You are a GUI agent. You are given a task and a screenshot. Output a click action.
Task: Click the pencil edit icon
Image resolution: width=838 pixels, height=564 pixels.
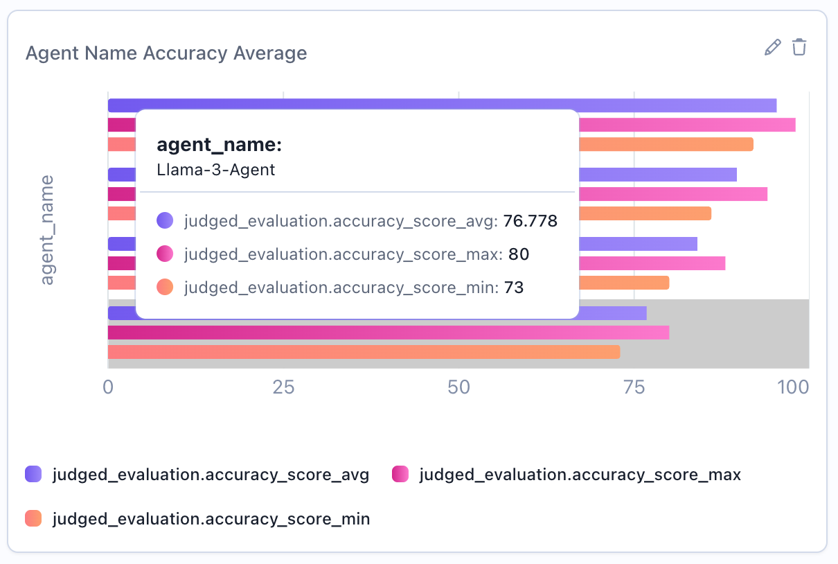[x=772, y=47]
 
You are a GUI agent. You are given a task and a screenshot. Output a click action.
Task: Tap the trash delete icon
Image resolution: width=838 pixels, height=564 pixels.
[x=799, y=47]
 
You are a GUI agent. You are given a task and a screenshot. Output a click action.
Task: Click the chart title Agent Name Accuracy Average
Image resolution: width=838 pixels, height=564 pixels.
[x=166, y=53]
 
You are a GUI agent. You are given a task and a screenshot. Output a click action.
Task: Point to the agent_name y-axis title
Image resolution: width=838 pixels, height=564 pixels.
[x=47, y=230]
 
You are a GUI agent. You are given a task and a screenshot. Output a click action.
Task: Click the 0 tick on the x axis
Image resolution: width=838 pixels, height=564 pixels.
[x=108, y=387]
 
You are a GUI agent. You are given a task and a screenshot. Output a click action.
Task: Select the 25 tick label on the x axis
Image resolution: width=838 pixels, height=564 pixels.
[x=283, y=387]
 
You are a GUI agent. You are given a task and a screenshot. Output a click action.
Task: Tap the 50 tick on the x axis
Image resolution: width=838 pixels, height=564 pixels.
[x=459, y=387]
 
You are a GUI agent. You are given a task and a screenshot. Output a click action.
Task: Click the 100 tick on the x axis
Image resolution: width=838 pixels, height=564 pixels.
[x=792, y=387]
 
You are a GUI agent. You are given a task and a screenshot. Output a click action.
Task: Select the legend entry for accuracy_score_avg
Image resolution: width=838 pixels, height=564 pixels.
[x=211, y=475]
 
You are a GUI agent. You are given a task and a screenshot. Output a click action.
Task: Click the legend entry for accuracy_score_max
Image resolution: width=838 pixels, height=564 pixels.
[x=580, y=475]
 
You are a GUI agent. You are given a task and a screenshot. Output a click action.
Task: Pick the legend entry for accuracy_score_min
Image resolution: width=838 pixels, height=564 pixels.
[x=211, y=518]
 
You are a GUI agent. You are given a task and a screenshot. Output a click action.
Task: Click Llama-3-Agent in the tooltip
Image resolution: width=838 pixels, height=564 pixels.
[x=216, y=170]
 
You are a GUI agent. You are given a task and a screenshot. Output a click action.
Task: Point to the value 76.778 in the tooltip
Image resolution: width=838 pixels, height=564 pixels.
[x=531, y=222]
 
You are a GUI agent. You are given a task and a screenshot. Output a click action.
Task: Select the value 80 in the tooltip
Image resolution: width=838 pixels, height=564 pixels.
[x=519, y=254]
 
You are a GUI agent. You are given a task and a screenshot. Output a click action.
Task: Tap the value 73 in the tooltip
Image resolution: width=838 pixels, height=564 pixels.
[x=514, y=287]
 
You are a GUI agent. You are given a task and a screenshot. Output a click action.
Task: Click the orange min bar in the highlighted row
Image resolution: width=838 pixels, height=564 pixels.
[x=364, y=352]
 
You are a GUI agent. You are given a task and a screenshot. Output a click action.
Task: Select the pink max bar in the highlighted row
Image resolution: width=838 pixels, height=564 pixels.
[x=388, y=333]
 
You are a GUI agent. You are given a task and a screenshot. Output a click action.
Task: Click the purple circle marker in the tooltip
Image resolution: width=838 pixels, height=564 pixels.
[x=165, y=222]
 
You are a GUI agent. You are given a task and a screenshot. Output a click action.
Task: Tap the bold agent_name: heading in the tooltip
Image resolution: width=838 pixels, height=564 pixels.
[x=220, y=145]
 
